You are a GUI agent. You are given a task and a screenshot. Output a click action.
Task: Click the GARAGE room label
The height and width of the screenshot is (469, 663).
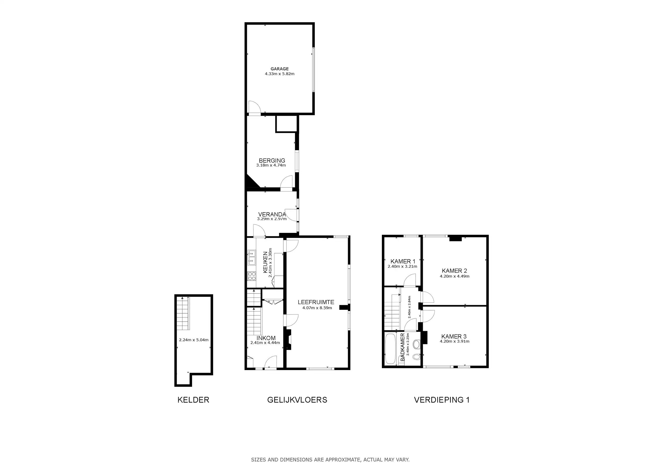point(280,69)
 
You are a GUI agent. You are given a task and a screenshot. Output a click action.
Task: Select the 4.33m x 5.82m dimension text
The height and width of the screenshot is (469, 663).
point(280,74)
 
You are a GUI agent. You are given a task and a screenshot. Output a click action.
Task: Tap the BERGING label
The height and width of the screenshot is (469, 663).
point(272,160)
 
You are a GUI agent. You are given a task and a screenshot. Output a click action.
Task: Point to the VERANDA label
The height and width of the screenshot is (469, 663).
point(272,214)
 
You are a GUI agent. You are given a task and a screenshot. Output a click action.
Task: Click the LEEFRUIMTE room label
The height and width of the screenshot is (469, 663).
point(316,302)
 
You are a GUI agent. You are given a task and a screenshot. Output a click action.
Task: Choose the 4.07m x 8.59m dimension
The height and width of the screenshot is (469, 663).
point(317,308)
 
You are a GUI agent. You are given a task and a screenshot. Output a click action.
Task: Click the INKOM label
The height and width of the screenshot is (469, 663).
point(266,338)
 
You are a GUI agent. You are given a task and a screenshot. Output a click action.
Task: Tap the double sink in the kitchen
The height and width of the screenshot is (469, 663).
point(251,258)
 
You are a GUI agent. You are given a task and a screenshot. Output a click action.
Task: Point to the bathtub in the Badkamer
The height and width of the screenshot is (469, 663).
point(390,349)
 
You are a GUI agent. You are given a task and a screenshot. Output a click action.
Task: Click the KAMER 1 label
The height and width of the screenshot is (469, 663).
point(403,261)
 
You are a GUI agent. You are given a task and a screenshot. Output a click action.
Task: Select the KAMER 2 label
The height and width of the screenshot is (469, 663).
point(454,271)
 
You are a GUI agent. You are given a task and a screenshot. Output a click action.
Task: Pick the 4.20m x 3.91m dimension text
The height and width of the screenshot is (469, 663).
point(455,341)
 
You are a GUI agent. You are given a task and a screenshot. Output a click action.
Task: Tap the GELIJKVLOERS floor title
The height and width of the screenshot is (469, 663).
point(297,400)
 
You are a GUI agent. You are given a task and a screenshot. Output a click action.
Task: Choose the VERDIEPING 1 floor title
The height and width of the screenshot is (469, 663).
point(442,400)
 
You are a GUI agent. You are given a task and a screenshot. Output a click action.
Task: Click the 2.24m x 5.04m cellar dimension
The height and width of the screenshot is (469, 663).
point(194,340)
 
